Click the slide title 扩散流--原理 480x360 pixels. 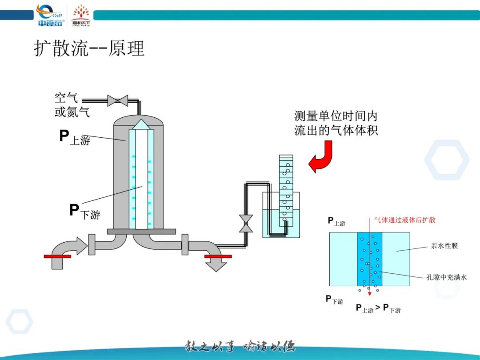pyautogui.click(x=89, y=48)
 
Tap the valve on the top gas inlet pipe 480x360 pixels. pyautogui.click(x=117, y=100)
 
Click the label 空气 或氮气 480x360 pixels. pyautogui.click(x=72, y=105)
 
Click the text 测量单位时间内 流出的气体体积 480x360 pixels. pyautogui.click(x=336, y=123)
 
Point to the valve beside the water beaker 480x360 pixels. pyautogui.click(x=245, y=224)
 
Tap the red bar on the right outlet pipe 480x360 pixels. pyautogui.click(x=218, y=256)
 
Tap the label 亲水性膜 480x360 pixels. pyautogui.click(x=444, y=246)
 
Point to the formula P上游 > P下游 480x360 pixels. pyautogui.click(x=378, y=308)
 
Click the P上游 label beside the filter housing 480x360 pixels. pyautogui.click(x=75, y=137)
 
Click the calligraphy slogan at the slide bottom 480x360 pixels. pyautogui.click(x=240, y=347)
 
